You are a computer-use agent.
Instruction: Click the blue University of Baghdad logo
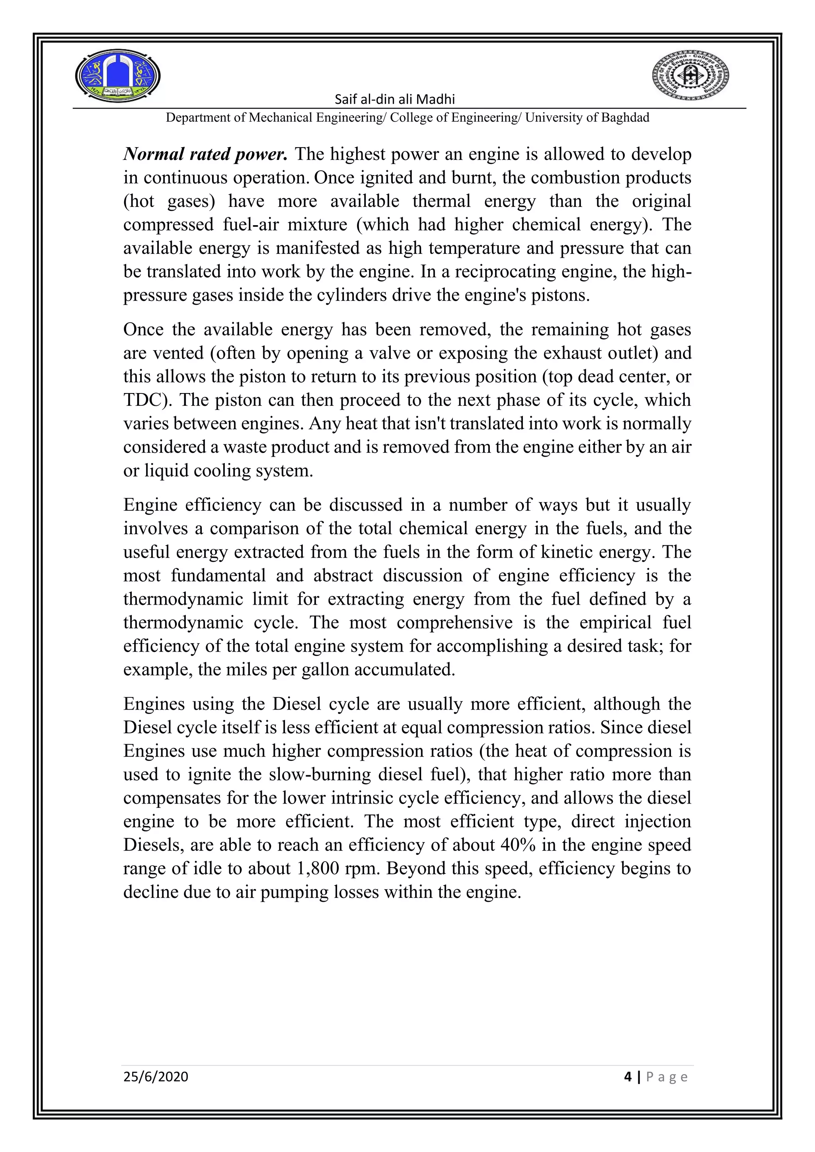(118, 76)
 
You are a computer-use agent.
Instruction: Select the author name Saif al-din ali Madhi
(394, 99)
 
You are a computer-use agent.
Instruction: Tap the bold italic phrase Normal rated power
(206, 154)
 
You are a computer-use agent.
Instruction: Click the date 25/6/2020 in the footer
(156, 1077)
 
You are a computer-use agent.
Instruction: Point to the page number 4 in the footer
(628, 1077)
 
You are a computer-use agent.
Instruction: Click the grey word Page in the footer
(667, 1077)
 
